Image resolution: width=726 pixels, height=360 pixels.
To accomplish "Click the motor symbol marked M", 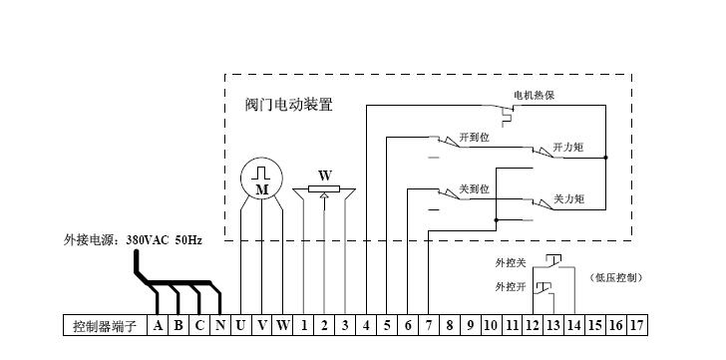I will coord(261,180).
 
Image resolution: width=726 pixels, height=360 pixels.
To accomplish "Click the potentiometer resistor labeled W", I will coord(324,189).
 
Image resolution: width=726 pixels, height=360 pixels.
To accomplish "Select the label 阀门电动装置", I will coord(289,104).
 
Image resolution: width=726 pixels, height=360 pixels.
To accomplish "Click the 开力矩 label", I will coord(568,147).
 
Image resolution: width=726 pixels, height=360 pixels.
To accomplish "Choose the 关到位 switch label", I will coord(476,188).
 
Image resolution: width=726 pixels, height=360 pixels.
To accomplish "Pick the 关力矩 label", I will coord(568,199).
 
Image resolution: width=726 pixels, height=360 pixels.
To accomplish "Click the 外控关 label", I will coord(511,263).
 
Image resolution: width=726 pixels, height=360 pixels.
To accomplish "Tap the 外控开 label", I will coord(511,286).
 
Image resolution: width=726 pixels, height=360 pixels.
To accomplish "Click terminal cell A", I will coord(158,325).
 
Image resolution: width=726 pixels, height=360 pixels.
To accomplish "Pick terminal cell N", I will coord(219,325).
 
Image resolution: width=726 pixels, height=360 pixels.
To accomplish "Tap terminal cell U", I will coord(240,325).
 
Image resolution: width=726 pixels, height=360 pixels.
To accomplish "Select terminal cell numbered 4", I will coord(366,325).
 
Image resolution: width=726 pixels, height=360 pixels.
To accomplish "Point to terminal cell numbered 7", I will coord(428,325).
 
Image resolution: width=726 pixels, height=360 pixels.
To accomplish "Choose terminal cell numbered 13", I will coord(552,325).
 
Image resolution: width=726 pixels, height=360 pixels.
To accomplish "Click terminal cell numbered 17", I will coord(636,325).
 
